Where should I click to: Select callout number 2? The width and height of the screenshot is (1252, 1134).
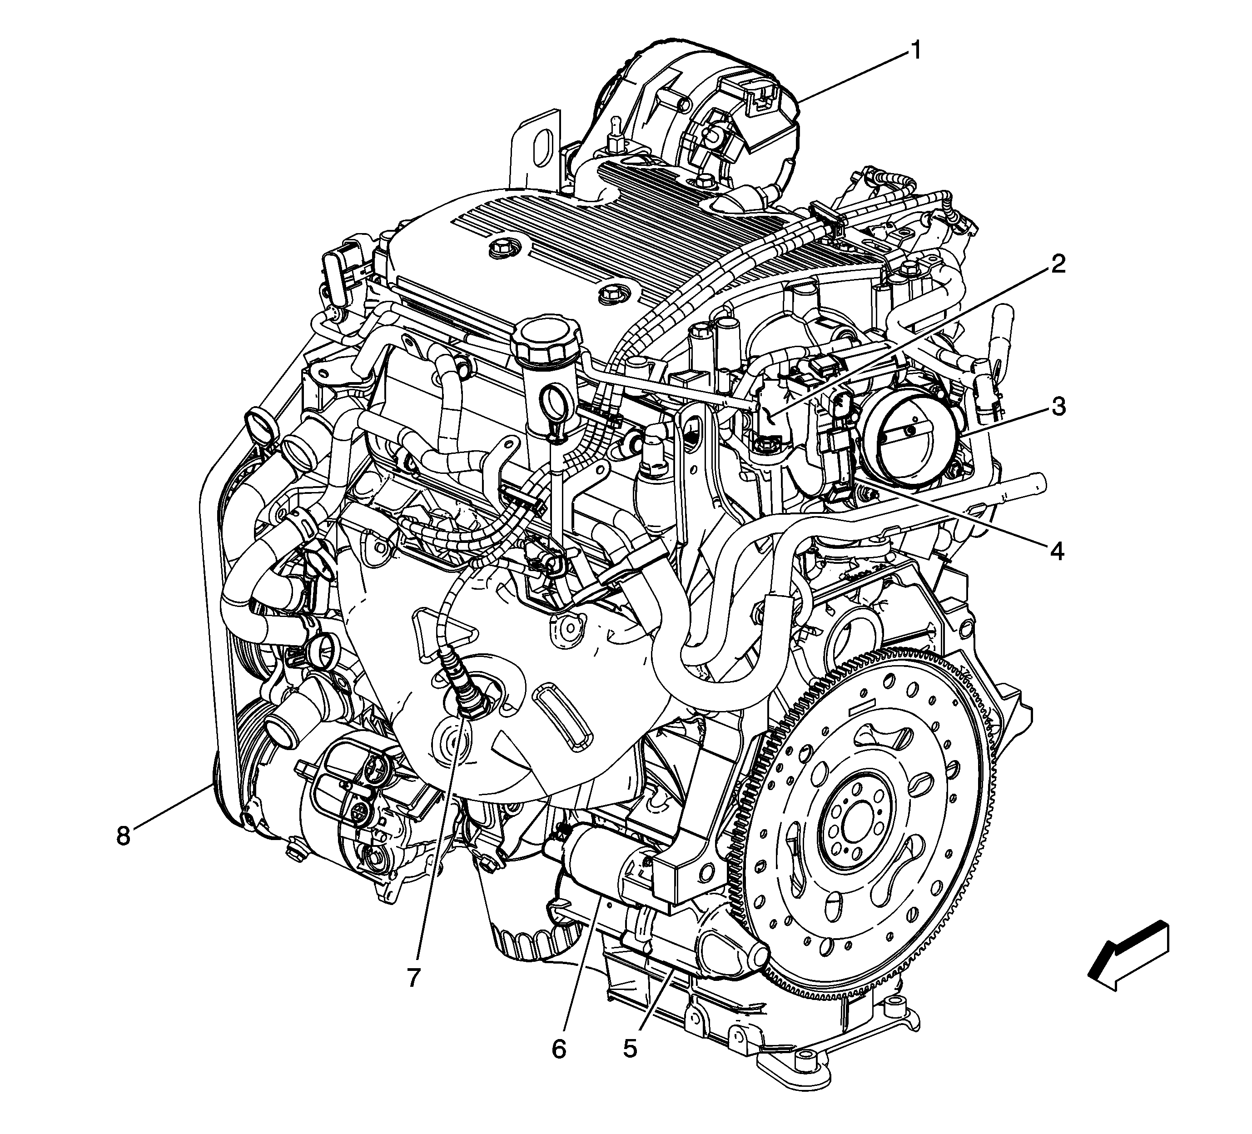[1058, 266]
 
